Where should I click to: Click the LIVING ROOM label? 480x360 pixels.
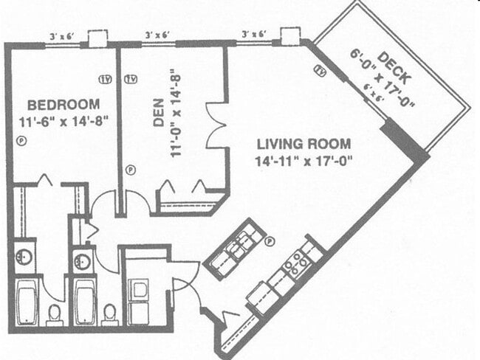point(304,143)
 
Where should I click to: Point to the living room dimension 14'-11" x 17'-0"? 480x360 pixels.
point(303,159)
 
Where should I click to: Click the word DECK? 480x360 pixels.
point(389,63)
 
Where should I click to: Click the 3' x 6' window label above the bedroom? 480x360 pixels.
point(63,35)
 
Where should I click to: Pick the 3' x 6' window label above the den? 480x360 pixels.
point(157,35)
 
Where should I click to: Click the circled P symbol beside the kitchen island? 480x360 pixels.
point(270,240)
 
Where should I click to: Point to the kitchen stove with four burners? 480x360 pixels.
point(298,263)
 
